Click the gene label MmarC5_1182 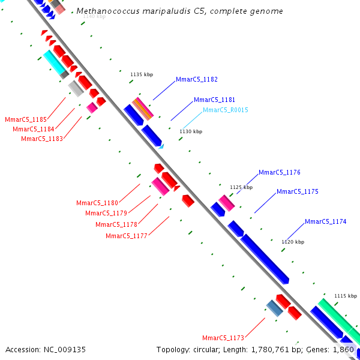tap(197, 80)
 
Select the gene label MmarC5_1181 tap(214, 100)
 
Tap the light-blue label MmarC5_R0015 tap(225, 110)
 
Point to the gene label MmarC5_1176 tap(280, 173)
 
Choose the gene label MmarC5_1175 tap(297, 192)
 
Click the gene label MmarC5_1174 tap(325, 222)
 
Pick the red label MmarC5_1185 tap(26, 120)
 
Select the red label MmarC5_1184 tap(34, 129)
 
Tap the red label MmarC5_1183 tap(42, 139)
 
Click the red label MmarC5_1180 tap(97, 203)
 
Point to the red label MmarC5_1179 tap(106, 213)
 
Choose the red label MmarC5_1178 tap(116, 224)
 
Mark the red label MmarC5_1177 tap(127, 236)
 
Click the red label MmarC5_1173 tap(223, 338)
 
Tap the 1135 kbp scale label tap(142, 74)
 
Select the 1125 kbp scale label tap(241, 187)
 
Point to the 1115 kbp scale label tap(346, 296)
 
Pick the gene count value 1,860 tap(344, 349)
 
